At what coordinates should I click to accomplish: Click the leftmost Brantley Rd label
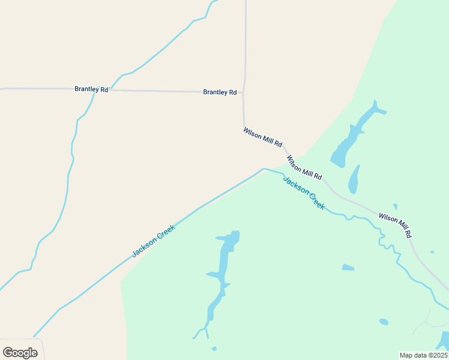click(91, 89)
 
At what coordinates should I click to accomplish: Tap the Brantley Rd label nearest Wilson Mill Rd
click(220, 92)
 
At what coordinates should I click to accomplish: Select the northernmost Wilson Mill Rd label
click(262, 137)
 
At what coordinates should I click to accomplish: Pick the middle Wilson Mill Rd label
click(304, 168)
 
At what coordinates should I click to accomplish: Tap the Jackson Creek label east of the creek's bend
click(304, 193)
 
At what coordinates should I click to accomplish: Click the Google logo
click(20, 353)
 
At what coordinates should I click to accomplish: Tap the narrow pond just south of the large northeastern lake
click(354, 179)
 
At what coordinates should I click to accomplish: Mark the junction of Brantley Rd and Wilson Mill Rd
click(243, 92)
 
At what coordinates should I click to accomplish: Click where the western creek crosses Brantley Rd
click(95, 90)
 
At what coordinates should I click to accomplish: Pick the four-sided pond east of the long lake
click(348, 268)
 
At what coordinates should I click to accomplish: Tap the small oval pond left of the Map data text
click(384, 322)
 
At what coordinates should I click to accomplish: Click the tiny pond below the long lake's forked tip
click(214, 349)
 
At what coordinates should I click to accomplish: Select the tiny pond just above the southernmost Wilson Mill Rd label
click(395, 207)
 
